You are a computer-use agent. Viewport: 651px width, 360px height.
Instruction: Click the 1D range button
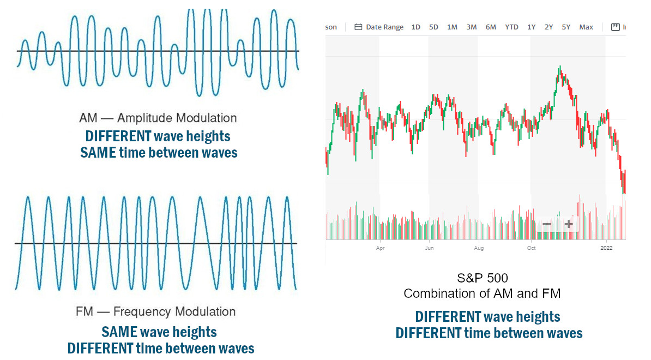click(x=415, y=27)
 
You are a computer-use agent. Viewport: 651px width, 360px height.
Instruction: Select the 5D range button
click(x=433, y=27)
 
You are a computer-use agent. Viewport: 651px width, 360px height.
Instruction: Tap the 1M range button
click(x=452, y=27)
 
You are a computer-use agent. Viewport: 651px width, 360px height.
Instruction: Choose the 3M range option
click(x=472, y=27)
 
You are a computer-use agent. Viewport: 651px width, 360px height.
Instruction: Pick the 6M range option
click(x=491, y=27)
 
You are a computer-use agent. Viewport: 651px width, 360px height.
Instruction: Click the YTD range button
click(x=511, y=27)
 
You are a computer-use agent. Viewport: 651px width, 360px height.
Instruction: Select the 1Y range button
click(x=531, y=27)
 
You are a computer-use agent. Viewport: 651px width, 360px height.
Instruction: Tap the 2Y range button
click(x=548, y=27)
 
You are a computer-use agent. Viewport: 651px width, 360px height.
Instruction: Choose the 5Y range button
click(x=566, y=27)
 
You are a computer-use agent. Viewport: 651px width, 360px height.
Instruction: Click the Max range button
click(x=586, y=27)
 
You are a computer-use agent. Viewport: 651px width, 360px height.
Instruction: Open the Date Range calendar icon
click(x=358, y=27)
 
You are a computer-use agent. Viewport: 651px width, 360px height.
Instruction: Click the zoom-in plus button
click(x=569, y=224)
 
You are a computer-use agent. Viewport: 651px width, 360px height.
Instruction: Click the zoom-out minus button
click(x=547, y=224)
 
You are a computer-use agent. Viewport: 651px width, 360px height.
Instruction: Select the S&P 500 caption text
click(x=482, y=278)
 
